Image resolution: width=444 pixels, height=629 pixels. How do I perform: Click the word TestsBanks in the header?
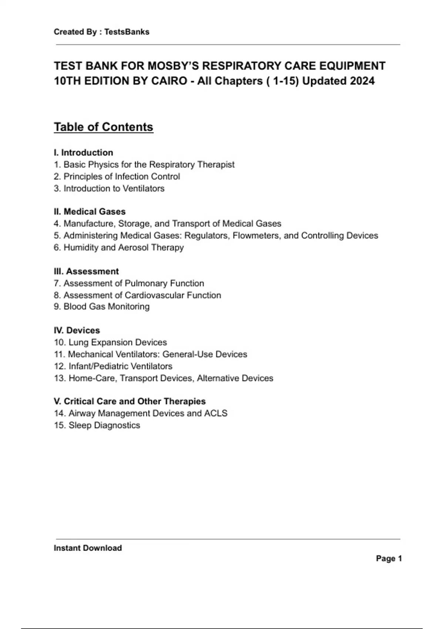pyautogui.click(x=127, y=32)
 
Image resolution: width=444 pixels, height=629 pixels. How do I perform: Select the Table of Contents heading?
pyautogui.click(x=104, y=127)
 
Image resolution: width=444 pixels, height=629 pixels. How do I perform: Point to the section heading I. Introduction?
pyautogui.click(x=83, y=152)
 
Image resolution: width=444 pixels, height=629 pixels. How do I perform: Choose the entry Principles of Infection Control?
pyautogui.click(x=122, y=176)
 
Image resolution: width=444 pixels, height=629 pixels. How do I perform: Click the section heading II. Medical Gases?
pyautogui.click(x=90, y=212)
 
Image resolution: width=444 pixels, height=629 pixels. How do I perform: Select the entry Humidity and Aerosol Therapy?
pyautogui.click(x=124, y=248)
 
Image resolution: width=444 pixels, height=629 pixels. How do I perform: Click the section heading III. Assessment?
pyautogui.click(x=86, y=271)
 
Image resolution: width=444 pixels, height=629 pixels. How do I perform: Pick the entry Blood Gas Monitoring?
pyautogui.click(x=107, y=306)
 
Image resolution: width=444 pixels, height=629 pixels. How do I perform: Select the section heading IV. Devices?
pyautogui.click(x=77, y=330)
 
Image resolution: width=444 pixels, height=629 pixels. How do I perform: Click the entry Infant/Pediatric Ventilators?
pyautogui.click(x=120, y=366)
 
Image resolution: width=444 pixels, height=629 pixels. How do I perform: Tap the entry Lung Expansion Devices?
pyautogui.click(x=118, y=342)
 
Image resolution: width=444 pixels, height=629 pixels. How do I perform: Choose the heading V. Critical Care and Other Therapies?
pyautogui.click(x=129, y=401)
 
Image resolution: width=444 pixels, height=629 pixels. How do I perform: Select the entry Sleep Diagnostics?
pyautogui.click(x=104, y=425)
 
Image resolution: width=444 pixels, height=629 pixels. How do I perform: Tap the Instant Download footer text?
pyautogui.click(x=88, y=548)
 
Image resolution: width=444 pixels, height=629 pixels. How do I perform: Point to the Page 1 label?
pyautogui.click(x=388, y=559)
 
